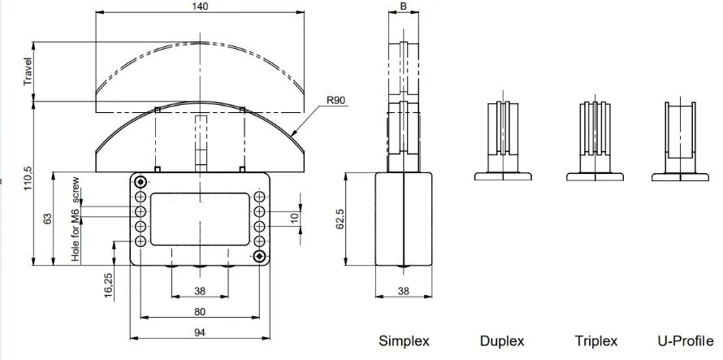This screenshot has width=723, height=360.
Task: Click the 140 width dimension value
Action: (x=200, y=7)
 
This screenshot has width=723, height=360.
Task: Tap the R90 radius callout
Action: (x=336, y=100)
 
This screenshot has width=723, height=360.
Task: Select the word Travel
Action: (x=29, y=72)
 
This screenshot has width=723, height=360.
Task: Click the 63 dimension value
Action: (x=47, y=219)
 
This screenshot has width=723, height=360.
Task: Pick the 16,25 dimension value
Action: (x=108, y=286)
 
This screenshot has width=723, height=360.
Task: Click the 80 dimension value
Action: (x=199, y=311)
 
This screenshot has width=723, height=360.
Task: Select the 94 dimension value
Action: (x=199, y=332)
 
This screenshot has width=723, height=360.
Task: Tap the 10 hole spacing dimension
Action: (x=295, y=219)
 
